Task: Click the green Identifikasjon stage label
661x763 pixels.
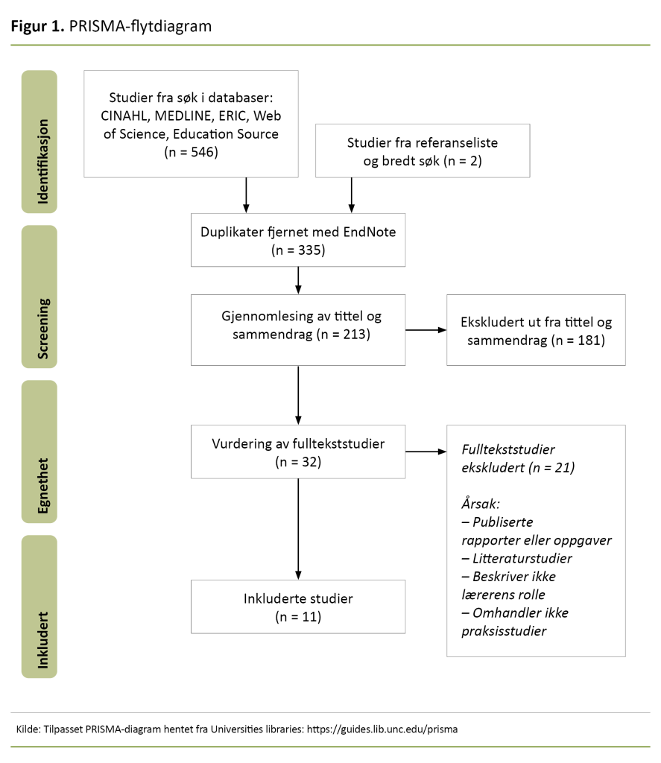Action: coord(39,141)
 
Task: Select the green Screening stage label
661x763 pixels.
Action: coord(39,297)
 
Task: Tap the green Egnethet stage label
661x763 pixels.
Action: coord(39,452)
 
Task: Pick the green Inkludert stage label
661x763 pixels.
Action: coord(39,607)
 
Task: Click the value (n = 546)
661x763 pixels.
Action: coord(191,152)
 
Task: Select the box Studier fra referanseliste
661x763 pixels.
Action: coord(423,151)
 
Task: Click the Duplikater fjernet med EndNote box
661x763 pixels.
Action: coord(298,240)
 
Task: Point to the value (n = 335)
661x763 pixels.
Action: coord(298,250)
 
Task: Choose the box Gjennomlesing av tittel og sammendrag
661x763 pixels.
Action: coord(298,329)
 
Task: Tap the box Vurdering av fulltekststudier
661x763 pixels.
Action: coord(298,452)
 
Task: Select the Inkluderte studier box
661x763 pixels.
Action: coord(298,607)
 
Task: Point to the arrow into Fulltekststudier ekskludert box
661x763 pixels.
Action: coord(425,452)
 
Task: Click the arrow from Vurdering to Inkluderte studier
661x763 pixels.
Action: coord(298,529)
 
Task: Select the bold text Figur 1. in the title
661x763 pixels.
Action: coord(37,27)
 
